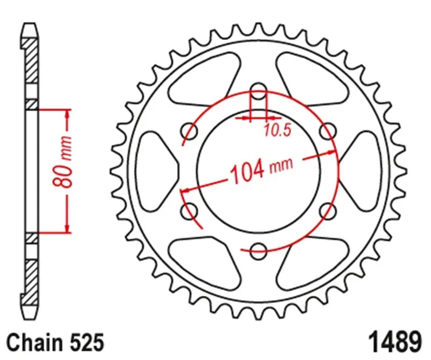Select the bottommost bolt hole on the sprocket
point(259,248)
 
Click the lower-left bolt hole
point(190,211)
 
